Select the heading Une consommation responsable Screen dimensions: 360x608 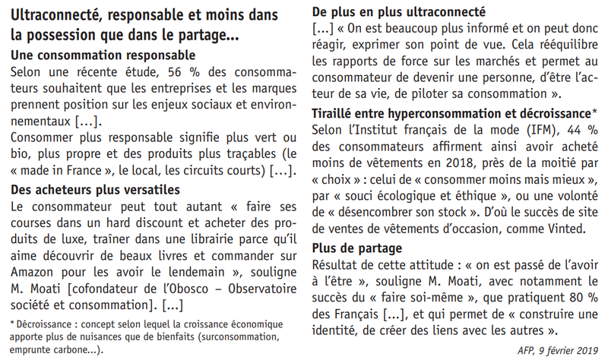point(104,55)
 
